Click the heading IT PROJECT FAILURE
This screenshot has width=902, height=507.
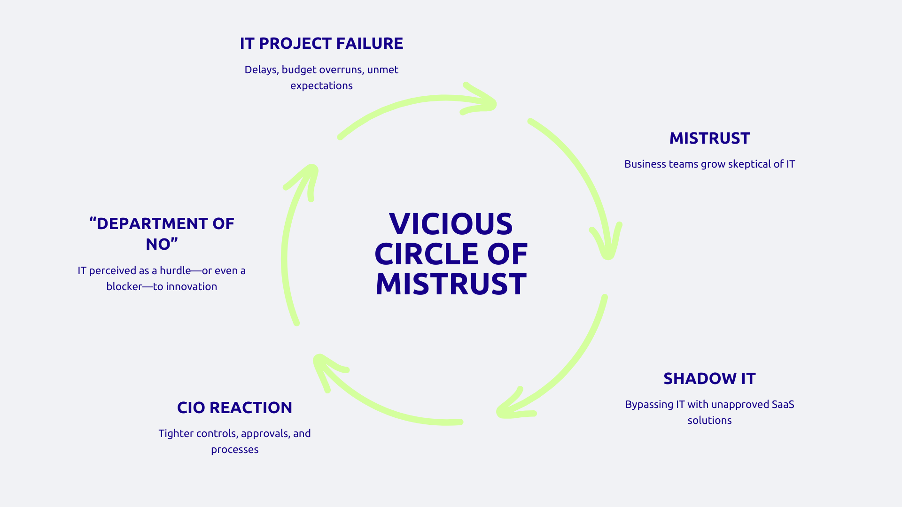tap(321, 44)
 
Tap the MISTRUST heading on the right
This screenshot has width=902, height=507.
tap(709, 138)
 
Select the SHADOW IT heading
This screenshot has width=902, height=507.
tap(709, 379)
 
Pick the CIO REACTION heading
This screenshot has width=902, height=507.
tap(234, 408)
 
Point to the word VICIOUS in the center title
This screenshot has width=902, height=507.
tap(451, 224)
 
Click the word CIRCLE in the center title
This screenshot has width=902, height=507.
tap(426, 254)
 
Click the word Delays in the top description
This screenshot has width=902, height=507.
tap(261, 70)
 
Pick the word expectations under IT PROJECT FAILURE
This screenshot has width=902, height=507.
tap(321, 86)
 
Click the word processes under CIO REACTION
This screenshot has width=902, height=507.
tap(234, 450)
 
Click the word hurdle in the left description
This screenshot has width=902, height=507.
tap(175, 271)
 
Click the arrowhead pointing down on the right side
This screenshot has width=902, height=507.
tap(607, 244)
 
